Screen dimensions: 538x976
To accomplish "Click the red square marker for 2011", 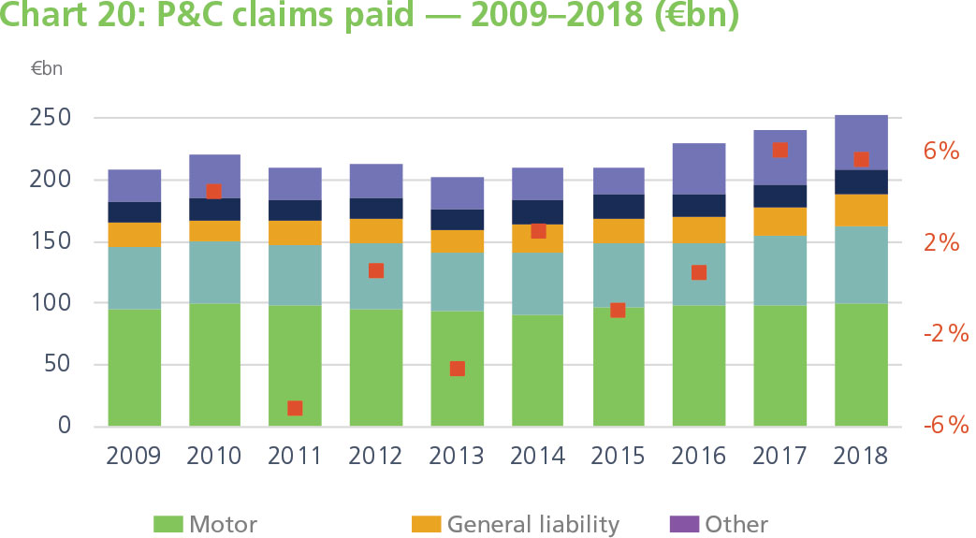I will (x=295, y=408).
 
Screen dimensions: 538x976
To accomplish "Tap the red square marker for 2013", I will (x=458, y=369).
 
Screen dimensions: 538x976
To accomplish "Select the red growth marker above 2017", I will (x=779, y=150).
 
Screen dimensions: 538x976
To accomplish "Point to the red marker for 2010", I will (x=213, y=192).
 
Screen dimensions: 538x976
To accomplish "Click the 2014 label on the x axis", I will (x=538, y=456).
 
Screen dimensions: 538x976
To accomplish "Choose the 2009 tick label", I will (x=134, y=456).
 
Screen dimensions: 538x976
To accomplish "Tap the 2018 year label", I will (x=861, y=456).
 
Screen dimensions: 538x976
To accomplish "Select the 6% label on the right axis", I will (x=940, y=152).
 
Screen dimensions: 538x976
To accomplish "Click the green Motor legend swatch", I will (x=168, y=524).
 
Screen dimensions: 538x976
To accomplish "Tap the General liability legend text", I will (x=532, y=524).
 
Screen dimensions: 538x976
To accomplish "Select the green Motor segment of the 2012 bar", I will (x=376, y=368).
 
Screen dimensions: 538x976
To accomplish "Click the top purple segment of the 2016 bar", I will (x=699, y=168).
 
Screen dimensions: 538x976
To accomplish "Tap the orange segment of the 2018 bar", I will (x=861, y=210).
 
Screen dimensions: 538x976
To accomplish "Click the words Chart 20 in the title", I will (x=61, y=17).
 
